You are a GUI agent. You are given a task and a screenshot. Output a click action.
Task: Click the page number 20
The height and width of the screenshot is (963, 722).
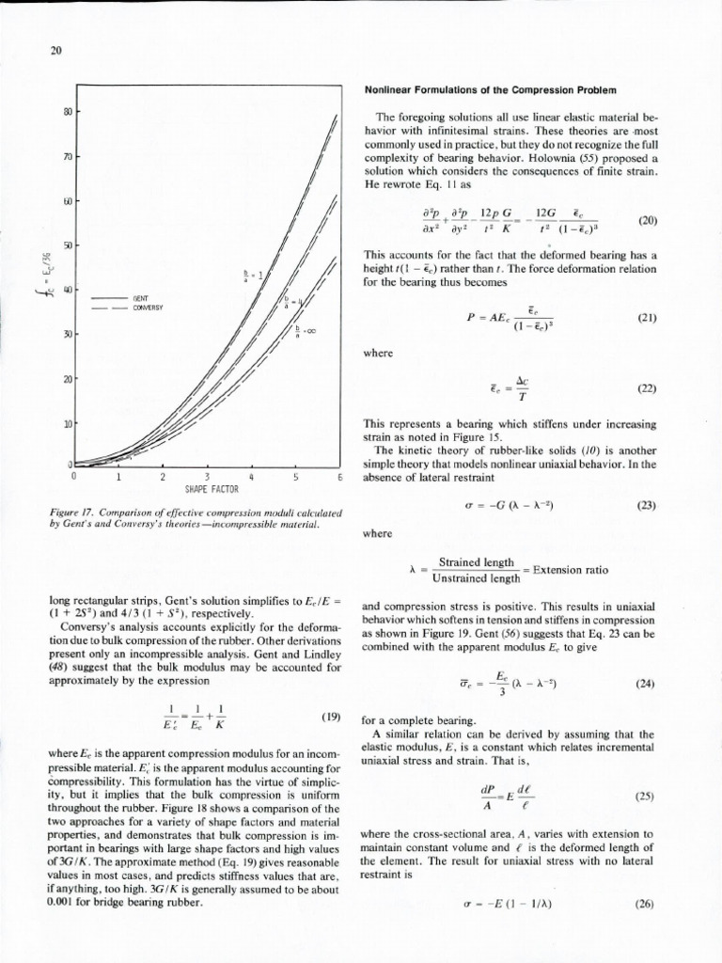[x=55, y=52]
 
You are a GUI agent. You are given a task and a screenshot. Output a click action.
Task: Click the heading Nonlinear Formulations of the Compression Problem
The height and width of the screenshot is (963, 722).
[x=489, y=90]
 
